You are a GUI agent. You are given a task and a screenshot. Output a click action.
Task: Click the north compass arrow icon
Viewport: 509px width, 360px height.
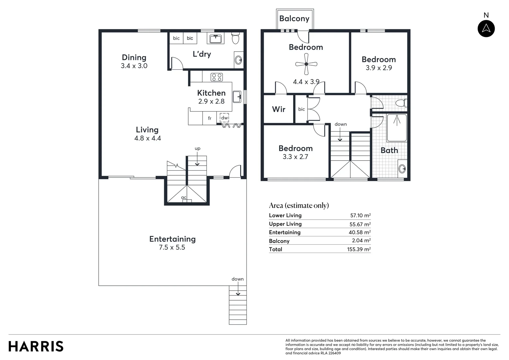pos(486,28)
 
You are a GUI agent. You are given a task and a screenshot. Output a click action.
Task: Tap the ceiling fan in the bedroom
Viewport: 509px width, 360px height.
pos(306,64)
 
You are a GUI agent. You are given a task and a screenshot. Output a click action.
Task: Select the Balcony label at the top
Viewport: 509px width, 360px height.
pos(294,19)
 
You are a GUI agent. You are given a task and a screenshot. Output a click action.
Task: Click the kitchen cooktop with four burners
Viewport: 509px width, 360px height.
pos(217,77)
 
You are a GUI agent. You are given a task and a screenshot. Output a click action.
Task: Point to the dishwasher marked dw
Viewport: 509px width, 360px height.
pos(224,118)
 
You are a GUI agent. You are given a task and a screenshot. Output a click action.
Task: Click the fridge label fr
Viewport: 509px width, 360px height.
pos(210,118)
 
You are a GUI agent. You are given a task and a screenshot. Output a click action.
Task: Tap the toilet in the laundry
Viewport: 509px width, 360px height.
pos(235,38)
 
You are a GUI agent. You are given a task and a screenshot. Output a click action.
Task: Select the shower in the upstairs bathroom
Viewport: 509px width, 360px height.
pos(397,128)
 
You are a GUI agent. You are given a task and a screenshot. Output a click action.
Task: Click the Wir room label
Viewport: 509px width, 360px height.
pos(278,109)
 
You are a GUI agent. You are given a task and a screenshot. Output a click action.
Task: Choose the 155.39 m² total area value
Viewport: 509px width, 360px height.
pos(359,249)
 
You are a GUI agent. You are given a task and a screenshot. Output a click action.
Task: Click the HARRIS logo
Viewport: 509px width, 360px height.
pos(36,346)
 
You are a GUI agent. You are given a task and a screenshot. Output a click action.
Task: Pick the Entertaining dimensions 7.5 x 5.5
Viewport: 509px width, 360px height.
pos(172,248)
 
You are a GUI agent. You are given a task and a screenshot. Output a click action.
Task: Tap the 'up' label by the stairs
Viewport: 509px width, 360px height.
pos(198,149)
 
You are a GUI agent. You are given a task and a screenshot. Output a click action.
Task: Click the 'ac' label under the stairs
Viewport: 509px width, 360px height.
pos(184,198)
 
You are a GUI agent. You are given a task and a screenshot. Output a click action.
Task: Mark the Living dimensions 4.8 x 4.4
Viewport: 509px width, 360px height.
pos(148,138)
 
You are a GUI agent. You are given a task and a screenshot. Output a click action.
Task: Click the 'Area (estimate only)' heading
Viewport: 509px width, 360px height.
pos(299,205)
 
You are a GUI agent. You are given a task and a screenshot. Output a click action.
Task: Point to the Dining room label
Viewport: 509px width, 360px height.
pos(134,57)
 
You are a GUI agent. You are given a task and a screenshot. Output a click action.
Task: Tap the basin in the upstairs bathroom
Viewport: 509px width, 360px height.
pos(402,169)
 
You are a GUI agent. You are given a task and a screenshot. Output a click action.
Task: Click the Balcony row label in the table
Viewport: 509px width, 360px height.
pos(279,241)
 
